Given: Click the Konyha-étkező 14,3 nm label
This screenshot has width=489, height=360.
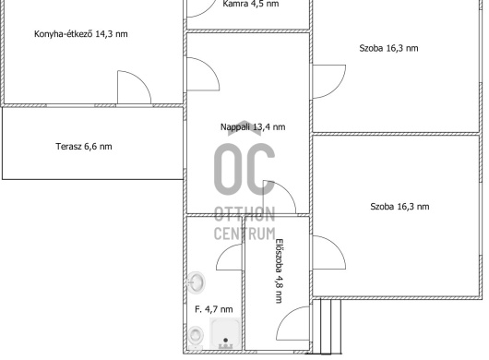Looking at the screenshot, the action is (81, 33).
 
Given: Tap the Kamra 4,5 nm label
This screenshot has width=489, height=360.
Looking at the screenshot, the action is (251, 4).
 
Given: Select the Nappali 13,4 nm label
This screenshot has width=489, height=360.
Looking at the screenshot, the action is (253, 127).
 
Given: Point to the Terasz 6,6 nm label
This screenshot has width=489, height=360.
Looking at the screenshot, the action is (84, 147).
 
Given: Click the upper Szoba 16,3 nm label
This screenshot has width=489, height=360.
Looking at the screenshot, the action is (388, 48).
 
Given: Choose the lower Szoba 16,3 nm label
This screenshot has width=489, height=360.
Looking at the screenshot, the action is (400, 207).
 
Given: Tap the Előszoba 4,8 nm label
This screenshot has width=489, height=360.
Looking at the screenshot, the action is (280, 270).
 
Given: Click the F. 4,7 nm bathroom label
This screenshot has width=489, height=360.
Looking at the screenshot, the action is (214, 309).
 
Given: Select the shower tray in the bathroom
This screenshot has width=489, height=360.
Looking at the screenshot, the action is (225, 333).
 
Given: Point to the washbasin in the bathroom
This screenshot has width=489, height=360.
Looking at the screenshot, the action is (196, 282).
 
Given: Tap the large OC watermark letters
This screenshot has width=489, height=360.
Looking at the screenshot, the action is (244, 170).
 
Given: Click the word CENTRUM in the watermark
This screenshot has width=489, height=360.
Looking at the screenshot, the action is (244, 234).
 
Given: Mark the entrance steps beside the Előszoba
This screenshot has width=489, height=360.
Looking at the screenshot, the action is (327, 327).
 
